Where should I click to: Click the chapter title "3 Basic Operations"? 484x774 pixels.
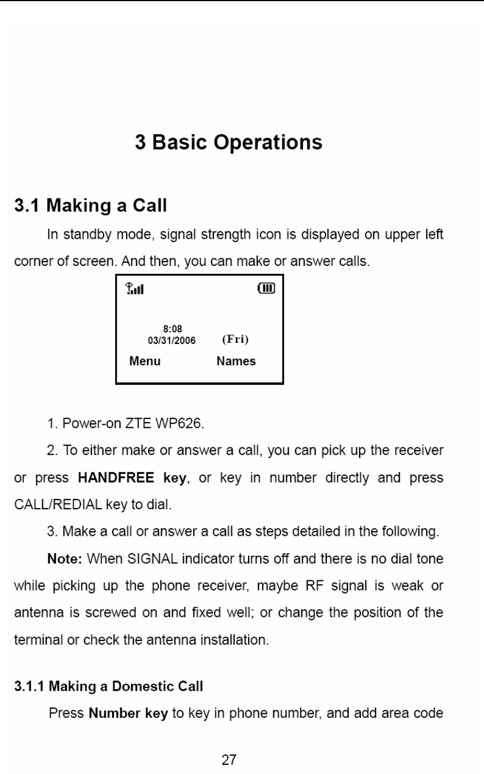(228, 142)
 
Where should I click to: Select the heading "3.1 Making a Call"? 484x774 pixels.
(91, 205)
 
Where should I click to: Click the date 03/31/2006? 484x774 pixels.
(172, 340)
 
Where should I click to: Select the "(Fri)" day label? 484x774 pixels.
(235, 339)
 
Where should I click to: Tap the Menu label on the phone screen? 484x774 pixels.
(145, 361)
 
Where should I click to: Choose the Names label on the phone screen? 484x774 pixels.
(236, 361)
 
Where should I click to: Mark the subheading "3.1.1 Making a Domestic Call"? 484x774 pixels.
(109, 686)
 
